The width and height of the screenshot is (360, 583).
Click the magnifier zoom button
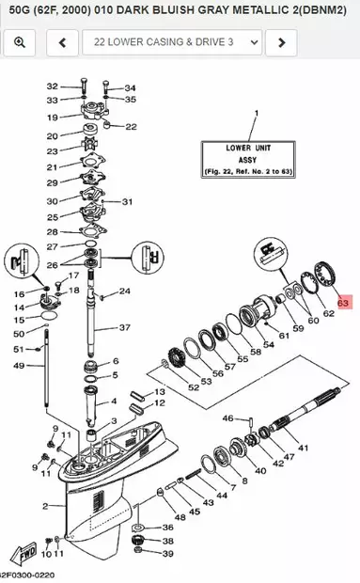coord(20,42)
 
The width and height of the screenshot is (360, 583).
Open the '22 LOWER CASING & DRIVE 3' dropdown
coord(171,42)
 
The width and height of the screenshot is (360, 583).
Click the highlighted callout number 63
coord(343,303)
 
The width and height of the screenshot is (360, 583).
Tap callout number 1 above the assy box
coord(254,113)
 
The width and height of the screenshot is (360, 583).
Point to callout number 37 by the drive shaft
coord(124,327)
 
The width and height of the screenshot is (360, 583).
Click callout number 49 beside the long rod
coord(17,366)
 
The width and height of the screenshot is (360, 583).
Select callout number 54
coord(269,345)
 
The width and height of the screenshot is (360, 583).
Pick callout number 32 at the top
coord(52,87)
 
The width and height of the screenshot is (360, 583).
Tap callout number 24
coord(124,291)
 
